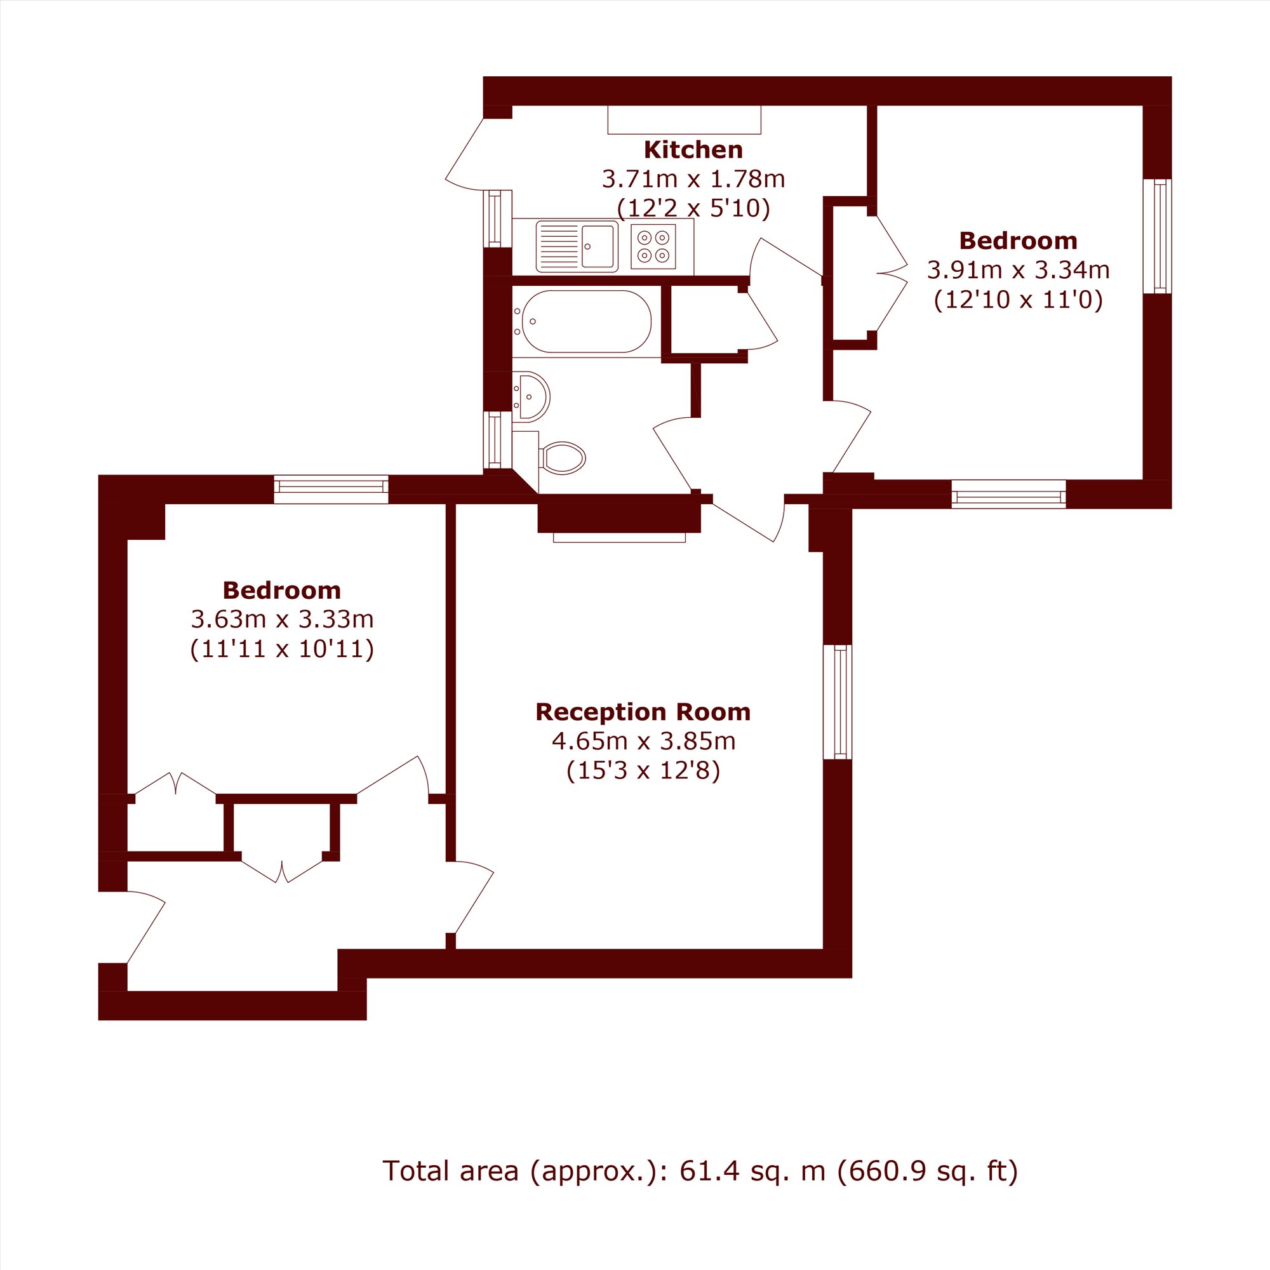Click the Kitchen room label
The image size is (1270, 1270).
tap(693, 150)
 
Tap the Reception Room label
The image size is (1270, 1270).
tap(643, 712)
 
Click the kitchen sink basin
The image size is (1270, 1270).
tap(598, 246)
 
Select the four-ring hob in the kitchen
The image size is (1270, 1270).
tap(653, 246)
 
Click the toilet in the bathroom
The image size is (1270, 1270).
tap(562, 457)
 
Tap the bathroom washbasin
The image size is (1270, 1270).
tap(531, 396)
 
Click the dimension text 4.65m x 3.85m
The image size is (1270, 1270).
tap(643, 742)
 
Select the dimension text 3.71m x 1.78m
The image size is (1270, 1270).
tap(693, 179)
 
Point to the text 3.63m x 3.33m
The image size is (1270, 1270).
tap(282, 619)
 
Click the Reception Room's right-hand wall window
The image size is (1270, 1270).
tap(838, 702)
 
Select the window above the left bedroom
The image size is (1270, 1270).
tap(331, 489)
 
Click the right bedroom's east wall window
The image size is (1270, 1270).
tap(1157, 236)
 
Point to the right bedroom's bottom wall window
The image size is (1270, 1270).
tap(1008, 494)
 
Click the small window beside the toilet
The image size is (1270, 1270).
tap(498, 440)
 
